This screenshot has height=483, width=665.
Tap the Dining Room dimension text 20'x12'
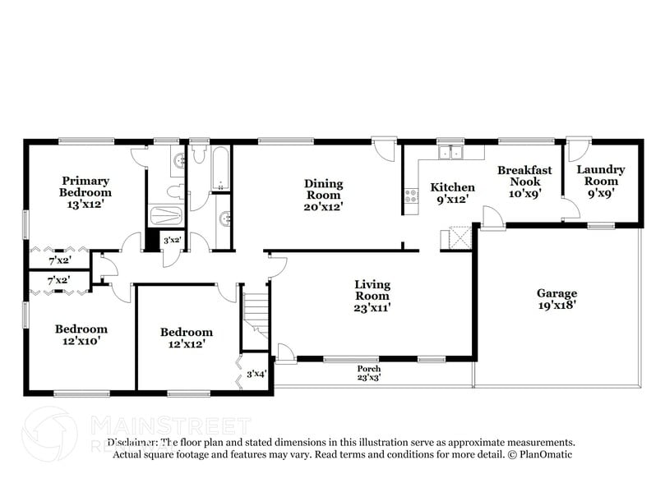tap(324, 207)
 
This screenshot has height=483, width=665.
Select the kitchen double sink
tap(450, 153)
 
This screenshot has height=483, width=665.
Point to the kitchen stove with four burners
tap(409, 196)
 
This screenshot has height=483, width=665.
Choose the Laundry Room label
tap(601, 175)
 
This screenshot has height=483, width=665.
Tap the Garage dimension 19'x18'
tap(556, 304)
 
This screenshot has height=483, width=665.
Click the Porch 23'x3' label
tap(368, 374)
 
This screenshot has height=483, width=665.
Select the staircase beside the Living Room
tap(256, 311)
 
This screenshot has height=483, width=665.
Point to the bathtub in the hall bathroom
tap(221, 169)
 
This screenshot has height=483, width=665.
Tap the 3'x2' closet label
tap(173, 241)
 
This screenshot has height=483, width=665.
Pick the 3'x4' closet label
tap(256, 375)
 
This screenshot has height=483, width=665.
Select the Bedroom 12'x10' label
tap(81, 334)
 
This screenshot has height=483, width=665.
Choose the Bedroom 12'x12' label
tap(187, 338)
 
